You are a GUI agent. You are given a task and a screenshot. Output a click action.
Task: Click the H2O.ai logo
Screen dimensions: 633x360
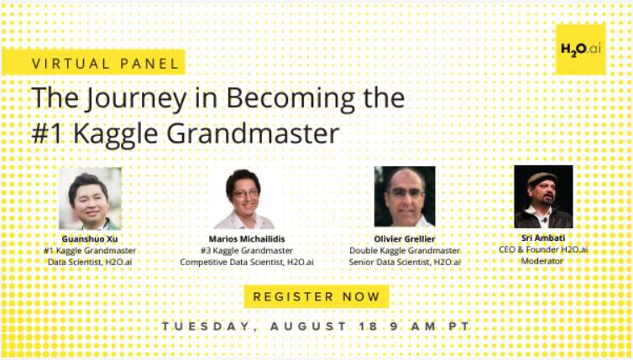(x=580, y=50)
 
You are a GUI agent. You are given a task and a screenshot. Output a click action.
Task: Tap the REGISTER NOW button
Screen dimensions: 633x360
(x=316, y=296)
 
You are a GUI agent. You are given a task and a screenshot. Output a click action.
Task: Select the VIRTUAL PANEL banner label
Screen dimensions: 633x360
(x=94, y=63)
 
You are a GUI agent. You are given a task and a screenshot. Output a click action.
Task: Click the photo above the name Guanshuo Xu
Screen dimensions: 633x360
(x=90, y=199)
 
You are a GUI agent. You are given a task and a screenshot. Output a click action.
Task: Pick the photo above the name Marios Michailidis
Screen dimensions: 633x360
(x=243, y=199)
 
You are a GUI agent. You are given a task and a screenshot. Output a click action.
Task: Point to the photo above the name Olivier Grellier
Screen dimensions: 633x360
(x=405, y=196)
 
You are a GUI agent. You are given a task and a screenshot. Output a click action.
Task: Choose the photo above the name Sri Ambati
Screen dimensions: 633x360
(x=543, y=196)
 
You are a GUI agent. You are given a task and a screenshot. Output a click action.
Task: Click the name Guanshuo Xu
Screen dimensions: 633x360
(x=90, y=239)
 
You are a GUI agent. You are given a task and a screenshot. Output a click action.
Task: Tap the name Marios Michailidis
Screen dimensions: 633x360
(x=247, y=239)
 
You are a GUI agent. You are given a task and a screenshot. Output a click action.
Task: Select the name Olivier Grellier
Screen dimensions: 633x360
(x=405, y=239)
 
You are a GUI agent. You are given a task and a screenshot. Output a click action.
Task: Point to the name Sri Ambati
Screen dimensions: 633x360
(x=543, y=238)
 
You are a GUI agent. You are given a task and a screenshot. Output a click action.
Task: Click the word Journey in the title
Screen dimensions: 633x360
(x=137, y=99)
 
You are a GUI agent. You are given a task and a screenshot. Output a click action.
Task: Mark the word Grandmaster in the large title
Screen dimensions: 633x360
(x=254, y=133)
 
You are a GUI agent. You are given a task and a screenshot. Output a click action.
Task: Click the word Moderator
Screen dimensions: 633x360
(x=541, y=261)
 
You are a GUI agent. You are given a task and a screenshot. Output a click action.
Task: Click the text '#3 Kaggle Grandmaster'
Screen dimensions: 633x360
(x=247, y=251)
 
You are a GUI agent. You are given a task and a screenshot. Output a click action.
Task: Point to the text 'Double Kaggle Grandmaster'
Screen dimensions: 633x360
(x=405, y=251)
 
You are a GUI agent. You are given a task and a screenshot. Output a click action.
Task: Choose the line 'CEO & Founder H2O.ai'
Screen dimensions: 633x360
(x=543, y=250)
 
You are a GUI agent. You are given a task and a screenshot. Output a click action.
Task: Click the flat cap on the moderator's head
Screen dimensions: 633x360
(x=541, y=178)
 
